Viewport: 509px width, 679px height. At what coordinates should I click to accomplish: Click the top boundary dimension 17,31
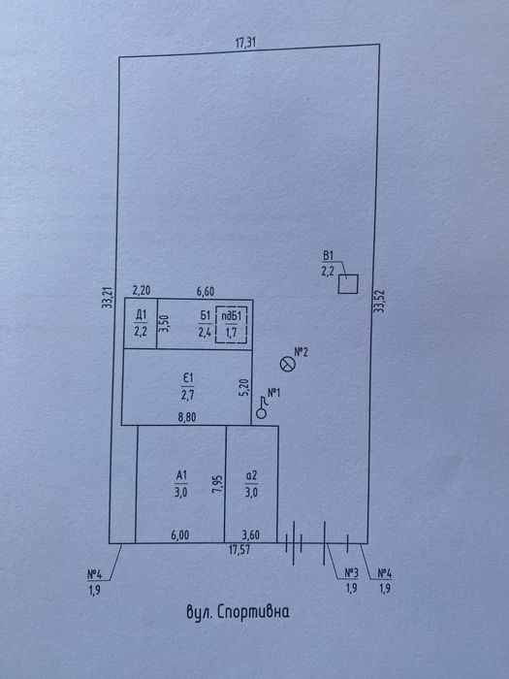pos(245,43)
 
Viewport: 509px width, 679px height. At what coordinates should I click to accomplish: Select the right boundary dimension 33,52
pos(379,301)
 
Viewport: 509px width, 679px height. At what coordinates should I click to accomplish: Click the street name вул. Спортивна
pos(238,612)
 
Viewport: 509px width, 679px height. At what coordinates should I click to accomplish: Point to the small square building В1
pos(348,284)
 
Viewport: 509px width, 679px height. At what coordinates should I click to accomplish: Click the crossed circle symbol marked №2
pos(287,364)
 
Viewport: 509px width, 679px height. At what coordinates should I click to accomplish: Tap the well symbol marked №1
pos(262,413)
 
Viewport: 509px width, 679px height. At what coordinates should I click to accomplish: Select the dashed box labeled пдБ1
pos(231,325)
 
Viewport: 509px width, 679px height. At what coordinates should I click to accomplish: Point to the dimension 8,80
pos(187,417)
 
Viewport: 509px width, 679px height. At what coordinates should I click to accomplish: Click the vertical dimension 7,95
pos(218,484)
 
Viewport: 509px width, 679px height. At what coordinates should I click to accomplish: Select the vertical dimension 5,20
pos(245,388)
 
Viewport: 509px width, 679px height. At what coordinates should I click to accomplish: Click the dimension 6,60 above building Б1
pos(206,291)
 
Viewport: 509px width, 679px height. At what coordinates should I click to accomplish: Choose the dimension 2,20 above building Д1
pos(142,290)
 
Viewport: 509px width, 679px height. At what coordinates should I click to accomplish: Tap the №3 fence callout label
pos(351,573)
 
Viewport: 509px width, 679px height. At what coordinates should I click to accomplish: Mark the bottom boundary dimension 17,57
pos(239,551)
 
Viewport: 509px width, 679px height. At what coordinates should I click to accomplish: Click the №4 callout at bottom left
pos(94,574)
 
